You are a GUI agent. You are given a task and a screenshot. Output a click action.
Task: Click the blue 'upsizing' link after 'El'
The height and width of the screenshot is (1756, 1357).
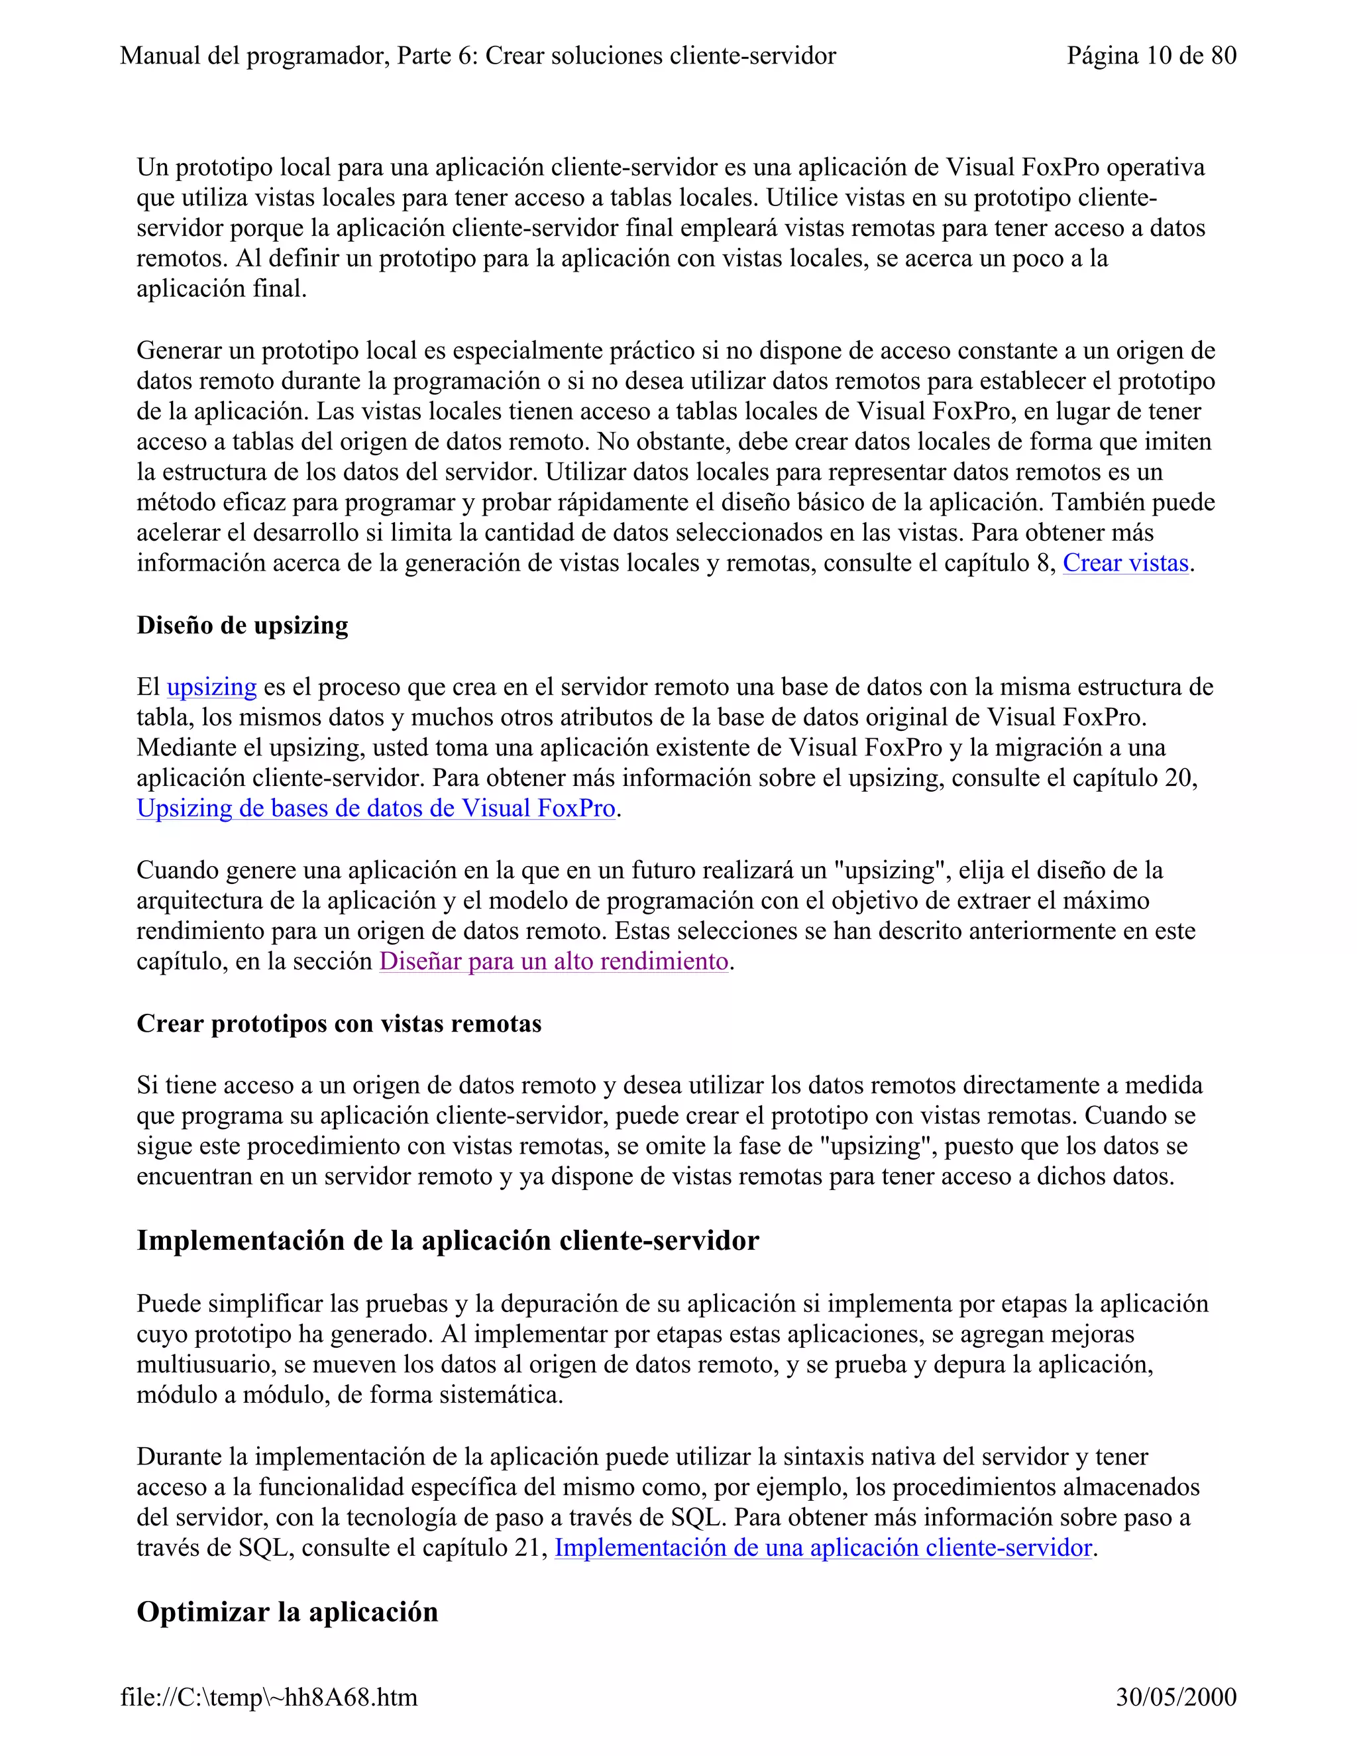(x=211, y=687)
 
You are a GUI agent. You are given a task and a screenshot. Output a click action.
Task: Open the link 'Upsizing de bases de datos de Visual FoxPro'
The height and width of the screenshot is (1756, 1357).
(x=376, y=808)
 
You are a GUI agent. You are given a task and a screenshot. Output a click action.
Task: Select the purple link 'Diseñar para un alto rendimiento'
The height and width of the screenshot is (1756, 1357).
(x=554, y=961)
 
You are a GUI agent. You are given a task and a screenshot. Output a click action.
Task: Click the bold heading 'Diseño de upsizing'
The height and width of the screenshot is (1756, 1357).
(x=242, y=626)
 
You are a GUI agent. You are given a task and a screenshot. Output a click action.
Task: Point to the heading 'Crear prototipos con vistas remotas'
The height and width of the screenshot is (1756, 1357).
(x=339, y=1024)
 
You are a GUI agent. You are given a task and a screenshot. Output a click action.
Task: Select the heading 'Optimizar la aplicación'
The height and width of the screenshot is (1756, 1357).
(x=287, y=1612)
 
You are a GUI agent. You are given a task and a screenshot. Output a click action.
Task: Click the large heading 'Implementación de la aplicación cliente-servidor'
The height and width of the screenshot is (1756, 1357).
(x=447, y=1240)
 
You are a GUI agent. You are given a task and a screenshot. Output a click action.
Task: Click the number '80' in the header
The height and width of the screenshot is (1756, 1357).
(x=1222, y=56)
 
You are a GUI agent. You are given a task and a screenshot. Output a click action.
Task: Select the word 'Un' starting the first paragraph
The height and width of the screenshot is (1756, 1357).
(x=153, y=168)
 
